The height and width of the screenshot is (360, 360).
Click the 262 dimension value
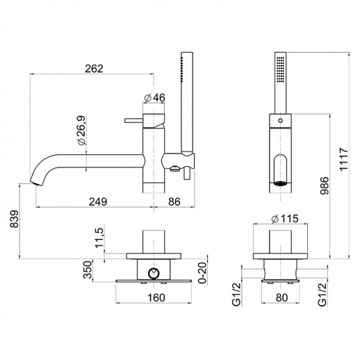click(x=94, y=69)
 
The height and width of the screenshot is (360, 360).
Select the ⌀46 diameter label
click(x=154, y=98)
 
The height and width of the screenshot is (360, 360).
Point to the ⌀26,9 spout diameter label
click(x=82, y=131)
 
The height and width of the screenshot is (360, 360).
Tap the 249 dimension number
click(x=98, y=202)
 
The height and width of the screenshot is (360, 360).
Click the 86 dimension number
click(x=174, y=202)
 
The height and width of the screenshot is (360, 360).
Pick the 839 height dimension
click(x=15, y=219)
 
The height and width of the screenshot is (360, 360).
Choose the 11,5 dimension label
click(x=100, y=238)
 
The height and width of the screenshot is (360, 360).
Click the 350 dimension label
click(x=88, y=270)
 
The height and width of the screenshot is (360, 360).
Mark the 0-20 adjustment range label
click(x=202, y=272)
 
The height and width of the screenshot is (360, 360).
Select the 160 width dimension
click(x=156, y=297)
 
